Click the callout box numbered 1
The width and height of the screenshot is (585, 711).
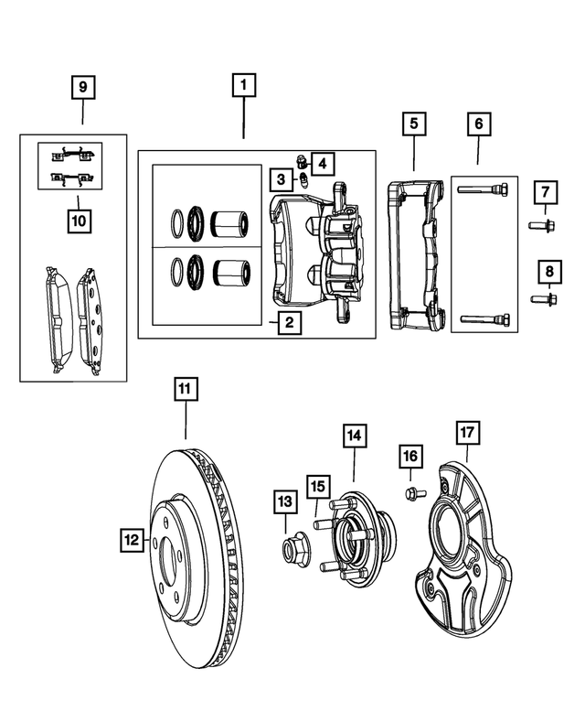pos(243,87)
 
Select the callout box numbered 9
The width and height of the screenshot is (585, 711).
pos(83,88)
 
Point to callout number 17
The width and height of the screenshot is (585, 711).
pos(467,432)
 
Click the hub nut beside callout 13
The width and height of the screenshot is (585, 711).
pos(293,549)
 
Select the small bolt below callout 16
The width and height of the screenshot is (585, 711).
pos(410,494)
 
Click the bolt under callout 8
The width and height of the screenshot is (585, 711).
pos(539,298)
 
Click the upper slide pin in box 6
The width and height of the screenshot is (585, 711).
pos(484,190)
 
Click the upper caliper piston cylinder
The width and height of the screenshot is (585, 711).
pos(229,222)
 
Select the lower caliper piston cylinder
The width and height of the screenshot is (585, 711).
pos(229,272)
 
